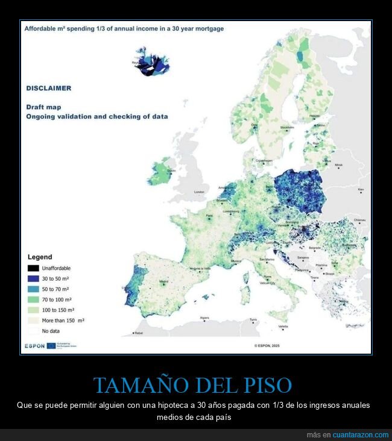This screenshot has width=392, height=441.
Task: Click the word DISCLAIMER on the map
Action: (48, 88)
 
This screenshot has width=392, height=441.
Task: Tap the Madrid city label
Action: (163, 281)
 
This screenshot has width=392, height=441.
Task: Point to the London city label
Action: (199, 192)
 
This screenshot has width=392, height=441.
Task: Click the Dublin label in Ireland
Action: (171, 170)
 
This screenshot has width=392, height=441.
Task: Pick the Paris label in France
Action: (210, 216)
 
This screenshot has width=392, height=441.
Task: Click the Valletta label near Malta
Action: (283, 326)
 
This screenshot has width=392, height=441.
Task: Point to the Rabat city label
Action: (139, 333)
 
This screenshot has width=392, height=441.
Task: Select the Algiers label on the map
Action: (204, 317)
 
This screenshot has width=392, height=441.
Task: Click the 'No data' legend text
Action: (51, 331)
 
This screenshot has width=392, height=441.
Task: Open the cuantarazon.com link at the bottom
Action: (361, 434)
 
